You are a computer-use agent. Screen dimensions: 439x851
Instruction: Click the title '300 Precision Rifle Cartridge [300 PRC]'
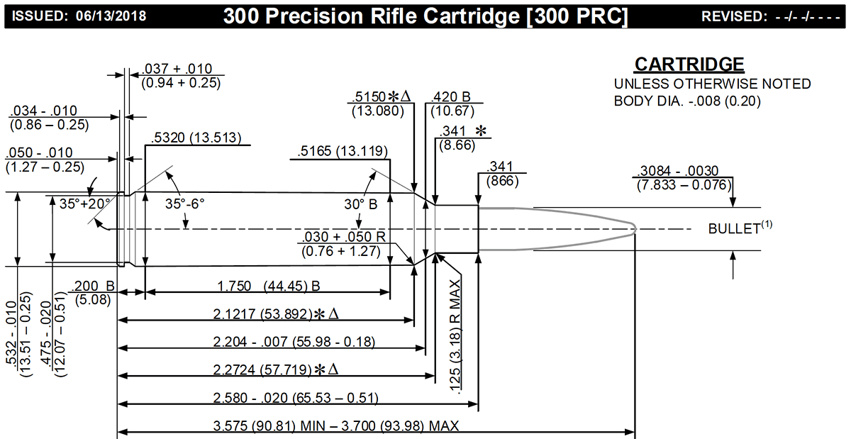click(x=425, y=16)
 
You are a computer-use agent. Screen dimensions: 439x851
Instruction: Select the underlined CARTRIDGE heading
click(x=689, y=65)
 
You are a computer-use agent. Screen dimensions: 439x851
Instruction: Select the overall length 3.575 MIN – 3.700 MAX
click(x=336, y=426)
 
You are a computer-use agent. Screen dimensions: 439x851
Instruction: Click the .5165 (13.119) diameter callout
click(x=343, y=151)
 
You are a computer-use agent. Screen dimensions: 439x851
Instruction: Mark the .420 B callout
click(x=452, y=98)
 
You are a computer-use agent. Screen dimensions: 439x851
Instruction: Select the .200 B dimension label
click(x=94, y=286)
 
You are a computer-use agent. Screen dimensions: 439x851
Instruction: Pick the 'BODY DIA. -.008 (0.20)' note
click(x=687, y=101)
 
